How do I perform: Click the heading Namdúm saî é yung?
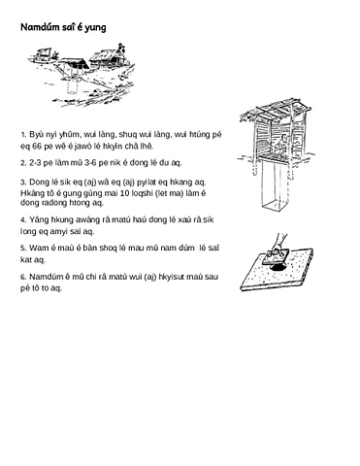point(63,27)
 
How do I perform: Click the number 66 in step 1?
point(37,147)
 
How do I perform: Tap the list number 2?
point(23,163)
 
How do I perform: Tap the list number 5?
point(23,249)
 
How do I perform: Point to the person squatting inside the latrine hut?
point(280,145)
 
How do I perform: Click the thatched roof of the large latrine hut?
point(277,109)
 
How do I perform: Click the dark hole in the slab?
point(278,267)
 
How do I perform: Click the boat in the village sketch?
point(43,53)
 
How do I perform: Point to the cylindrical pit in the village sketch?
point(73,83)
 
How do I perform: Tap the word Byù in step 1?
point(36,135)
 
